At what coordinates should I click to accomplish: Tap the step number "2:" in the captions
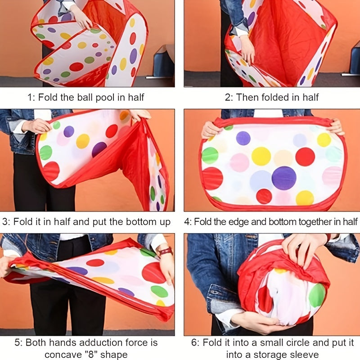click(229, 97)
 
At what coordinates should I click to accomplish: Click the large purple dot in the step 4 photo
click(284, 178)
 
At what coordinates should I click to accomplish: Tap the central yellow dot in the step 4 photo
click(261, 156)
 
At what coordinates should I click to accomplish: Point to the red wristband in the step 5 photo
click(166, 251)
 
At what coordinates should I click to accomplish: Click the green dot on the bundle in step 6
click(317, 296)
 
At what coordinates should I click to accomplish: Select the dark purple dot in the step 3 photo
click(99, 149)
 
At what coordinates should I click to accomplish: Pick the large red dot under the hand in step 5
click(153, 273)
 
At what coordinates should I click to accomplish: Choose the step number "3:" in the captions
click(6, 222)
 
